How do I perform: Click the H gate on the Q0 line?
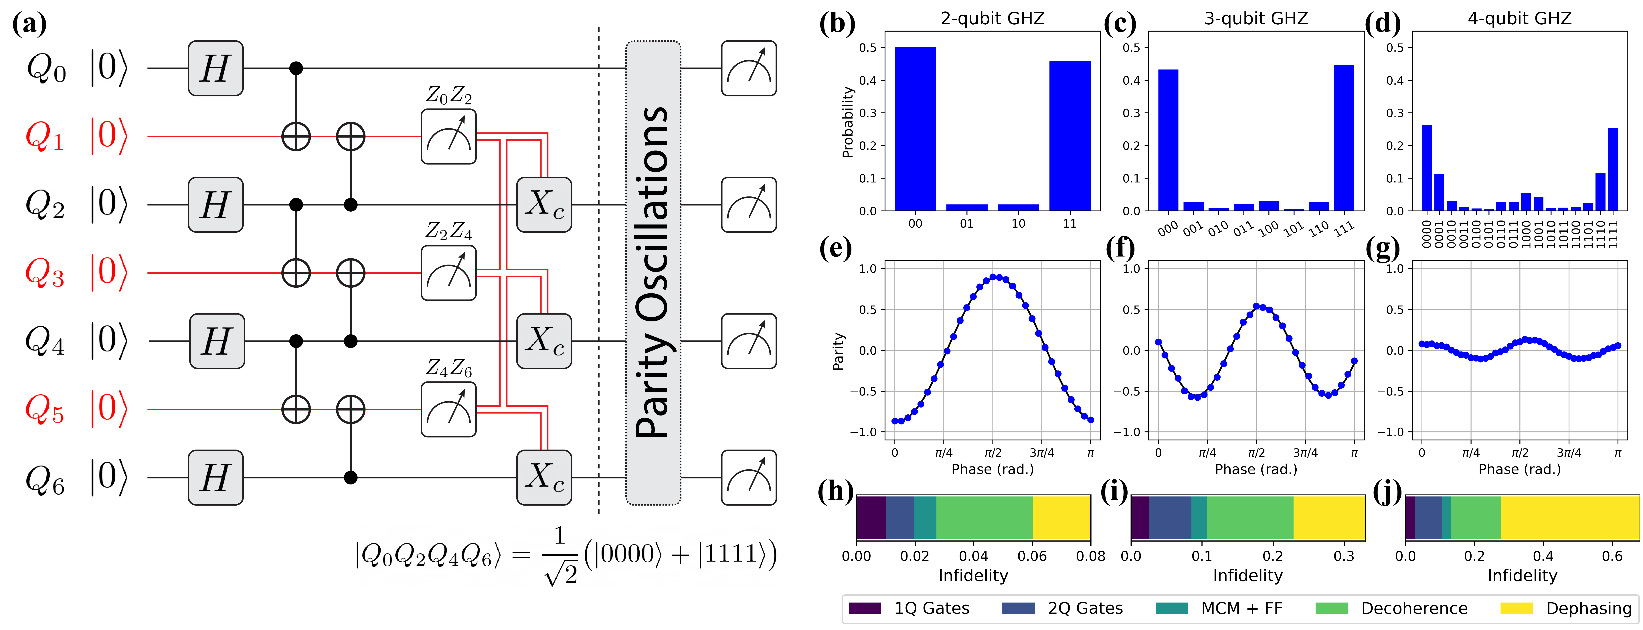pyautogui.click(x=215, y=68)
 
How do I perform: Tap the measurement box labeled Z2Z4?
pyautogui.click(x=448, y=273)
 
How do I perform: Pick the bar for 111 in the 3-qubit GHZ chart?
pyautogui.click(x=1344, y=137)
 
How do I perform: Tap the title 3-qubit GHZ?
pyautogui.click(x=1255, y=19)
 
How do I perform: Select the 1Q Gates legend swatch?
pyautogui.click(x=865, y=608)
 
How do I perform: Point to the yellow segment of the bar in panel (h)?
pyautogui.click(x=1061, y=517)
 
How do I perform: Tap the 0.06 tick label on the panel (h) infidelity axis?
pyautogui.click(x=1032, y=556)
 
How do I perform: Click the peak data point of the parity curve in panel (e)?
pyautogui.click(x=993, y=277)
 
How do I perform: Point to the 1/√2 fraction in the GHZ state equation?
pyautogui.click(x=560, y=554)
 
